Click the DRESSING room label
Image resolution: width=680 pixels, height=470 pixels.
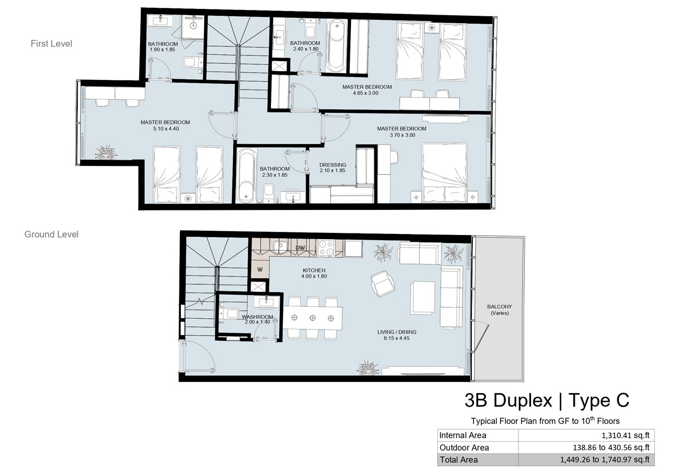click(332, 165)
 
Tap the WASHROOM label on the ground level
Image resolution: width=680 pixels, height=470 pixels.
click(257, 317)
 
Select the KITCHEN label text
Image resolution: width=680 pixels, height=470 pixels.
click(314, 270)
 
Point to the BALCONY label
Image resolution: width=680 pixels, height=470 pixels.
click(500, 307)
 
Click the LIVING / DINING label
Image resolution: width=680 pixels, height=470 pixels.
click(397, 332)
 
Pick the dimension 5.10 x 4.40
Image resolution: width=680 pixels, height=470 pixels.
click(166, 129)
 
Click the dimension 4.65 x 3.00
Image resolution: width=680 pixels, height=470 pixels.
click(366, 93)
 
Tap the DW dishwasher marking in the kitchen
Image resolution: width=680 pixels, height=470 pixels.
click(300, 248)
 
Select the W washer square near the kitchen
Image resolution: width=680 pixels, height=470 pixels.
click(260, 268)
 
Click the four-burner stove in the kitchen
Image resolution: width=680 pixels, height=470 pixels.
click(326, 248)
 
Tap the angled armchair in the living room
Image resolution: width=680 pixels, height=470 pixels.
click(383, 284)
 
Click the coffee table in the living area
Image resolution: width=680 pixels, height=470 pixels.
click(422, 297)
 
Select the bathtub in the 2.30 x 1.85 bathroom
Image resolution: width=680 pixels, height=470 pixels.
click(246, 176)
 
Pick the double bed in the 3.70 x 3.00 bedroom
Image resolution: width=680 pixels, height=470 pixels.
click(445, 173)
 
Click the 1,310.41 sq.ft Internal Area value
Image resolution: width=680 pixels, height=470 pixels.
click(626, 435)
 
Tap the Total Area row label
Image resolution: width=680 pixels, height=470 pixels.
click(459, 460)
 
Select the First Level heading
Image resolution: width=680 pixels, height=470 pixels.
click(51, 43)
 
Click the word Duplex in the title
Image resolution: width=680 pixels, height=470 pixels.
click(523, 401)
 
